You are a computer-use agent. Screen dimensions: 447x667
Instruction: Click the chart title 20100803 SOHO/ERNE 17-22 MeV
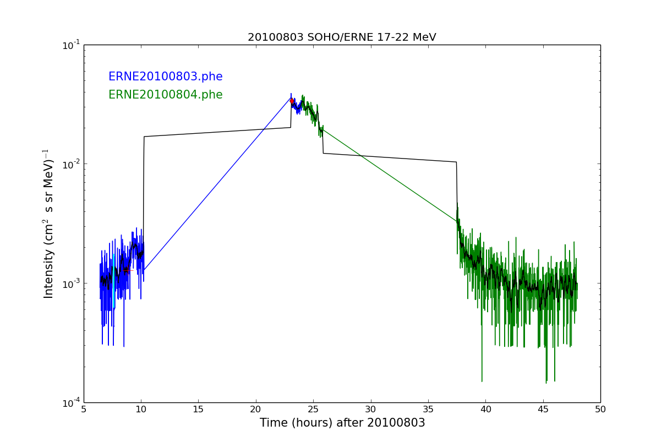(x=342, y=37)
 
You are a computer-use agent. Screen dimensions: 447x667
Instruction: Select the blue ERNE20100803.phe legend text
(x=165, y=77)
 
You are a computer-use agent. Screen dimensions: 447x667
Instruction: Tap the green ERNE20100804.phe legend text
(x=165, y=95)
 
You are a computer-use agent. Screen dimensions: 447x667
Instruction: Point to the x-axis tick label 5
(x=84, y=410)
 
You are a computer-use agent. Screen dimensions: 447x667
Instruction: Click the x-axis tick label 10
(x=141, y=410)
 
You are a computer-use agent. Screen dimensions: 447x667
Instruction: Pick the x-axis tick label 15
(x=198, y=410)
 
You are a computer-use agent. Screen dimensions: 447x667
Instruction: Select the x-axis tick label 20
(x=256, y=410)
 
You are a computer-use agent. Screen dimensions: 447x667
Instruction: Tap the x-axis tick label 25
(x=313, y=410)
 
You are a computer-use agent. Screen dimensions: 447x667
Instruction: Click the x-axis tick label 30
(x=370, y=410)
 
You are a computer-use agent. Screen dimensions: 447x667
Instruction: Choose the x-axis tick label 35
(x=428, y=410)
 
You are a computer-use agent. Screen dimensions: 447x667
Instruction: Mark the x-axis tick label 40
(x=485, y=410)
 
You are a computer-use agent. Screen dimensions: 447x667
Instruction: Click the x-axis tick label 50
(x=600, y=410)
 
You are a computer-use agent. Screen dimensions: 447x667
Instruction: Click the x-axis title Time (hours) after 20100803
(x=342, y=423)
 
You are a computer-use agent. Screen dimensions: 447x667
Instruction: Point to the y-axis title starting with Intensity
(x=48, y=223)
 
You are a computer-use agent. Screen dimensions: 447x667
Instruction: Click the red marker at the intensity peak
(x=292, y=101)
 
